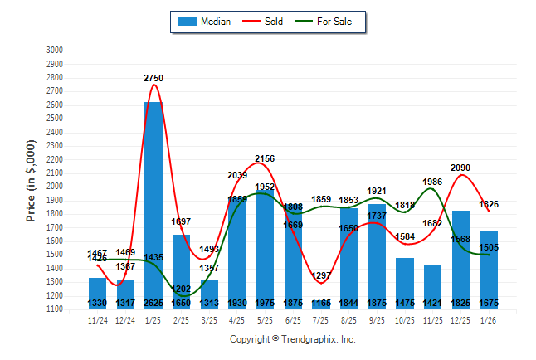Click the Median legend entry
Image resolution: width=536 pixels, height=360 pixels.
(x=204, y=22)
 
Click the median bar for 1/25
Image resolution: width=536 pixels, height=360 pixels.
(x=153, y=203)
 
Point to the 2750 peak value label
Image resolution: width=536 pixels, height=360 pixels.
(x=153, y=78)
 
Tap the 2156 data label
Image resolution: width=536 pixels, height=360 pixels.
(x=264, y=158)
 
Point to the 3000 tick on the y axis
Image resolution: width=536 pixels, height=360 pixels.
(x=54, y=51)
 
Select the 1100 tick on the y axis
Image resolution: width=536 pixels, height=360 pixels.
(x=54, y=309)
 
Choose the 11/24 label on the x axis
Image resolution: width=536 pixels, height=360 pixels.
(x=97, y=319)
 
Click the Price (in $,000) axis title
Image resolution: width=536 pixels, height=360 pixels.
(x=31, y=180)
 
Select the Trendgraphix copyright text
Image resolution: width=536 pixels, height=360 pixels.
(x=292, y=339)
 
